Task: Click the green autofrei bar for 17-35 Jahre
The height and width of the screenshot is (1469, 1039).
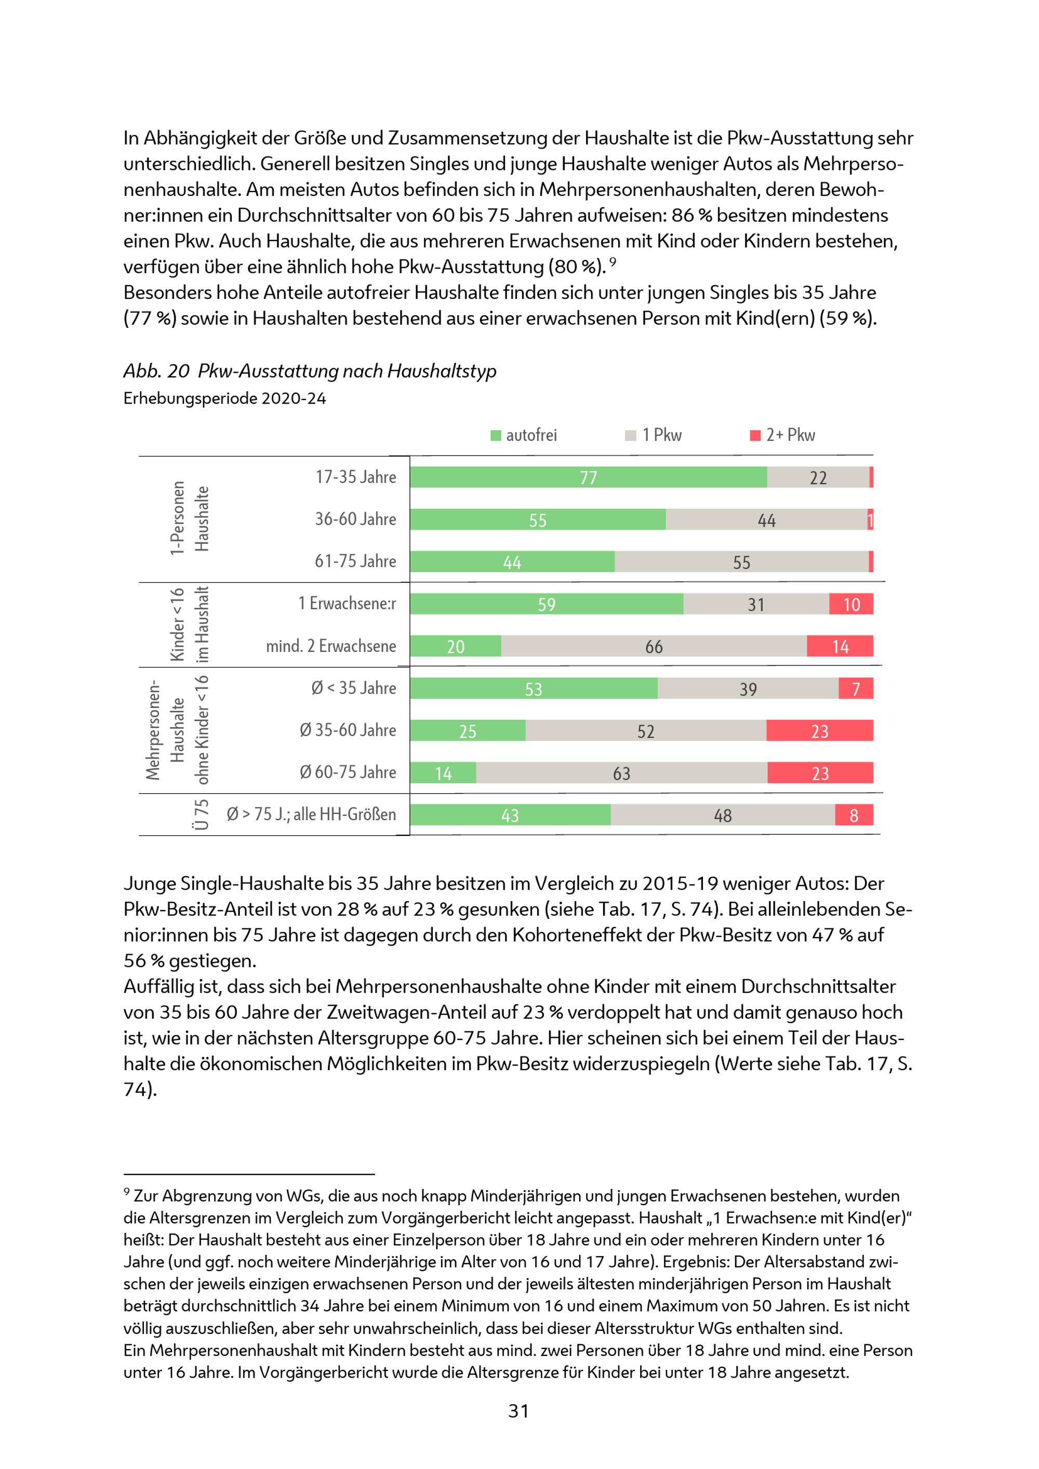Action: tap(588, 477)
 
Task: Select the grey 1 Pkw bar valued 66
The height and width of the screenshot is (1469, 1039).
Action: tap(654, 646)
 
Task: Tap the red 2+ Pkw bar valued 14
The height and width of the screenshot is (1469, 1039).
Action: tap(840, 646)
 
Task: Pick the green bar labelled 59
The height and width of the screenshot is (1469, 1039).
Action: tap(547, 604)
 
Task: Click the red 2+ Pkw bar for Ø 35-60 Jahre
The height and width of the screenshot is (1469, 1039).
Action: tap(820, 731)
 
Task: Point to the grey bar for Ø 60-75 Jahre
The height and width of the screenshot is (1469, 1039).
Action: tap(621, 773)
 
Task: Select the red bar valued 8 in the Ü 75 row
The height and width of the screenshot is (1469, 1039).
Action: tap(854, 815)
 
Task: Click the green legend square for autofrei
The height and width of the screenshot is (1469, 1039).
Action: tap(495, 436)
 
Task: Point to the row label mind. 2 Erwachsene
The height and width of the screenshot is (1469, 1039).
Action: tap(331, 646)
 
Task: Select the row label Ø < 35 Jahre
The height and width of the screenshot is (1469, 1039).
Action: tap(353, 688)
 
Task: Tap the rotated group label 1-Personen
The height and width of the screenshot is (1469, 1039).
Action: tap(177, 518)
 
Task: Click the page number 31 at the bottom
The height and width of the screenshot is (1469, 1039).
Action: tap(518, 1411)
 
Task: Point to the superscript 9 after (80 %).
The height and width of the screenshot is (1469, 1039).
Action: tap(612, 262)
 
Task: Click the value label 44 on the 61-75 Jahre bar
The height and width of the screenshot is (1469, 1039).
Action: tap(512, 563)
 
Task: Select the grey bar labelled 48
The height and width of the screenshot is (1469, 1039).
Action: tap(722, 815)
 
